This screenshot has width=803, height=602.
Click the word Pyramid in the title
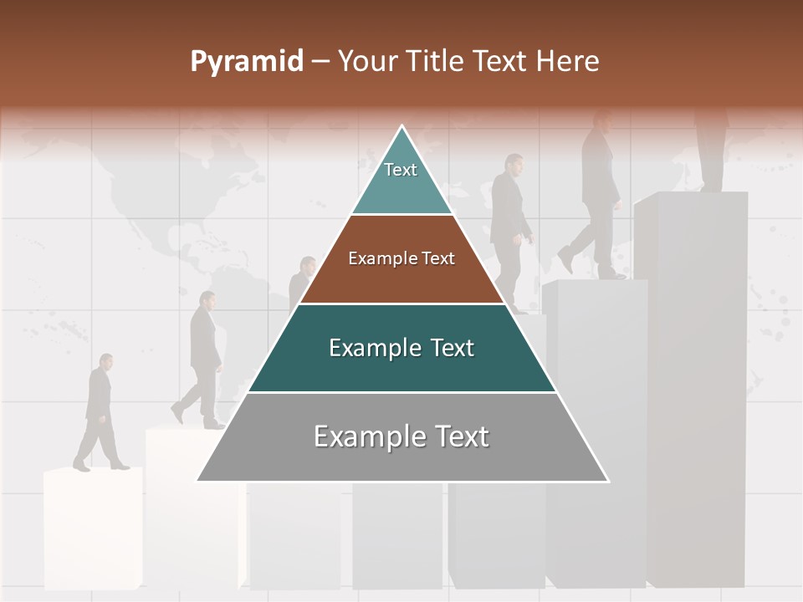[x=246, y=62]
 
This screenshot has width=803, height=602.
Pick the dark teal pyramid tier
[x=401, y=348]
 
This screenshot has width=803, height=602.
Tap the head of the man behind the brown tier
[x=308, y=266]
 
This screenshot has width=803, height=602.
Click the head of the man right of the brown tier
[x=514, y=164]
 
